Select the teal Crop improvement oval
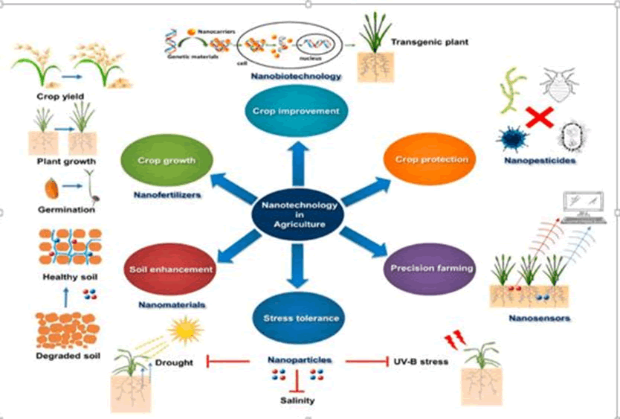[296, 111]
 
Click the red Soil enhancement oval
[171, 269]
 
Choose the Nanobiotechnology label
[296, 75]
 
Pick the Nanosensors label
[540, 319]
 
